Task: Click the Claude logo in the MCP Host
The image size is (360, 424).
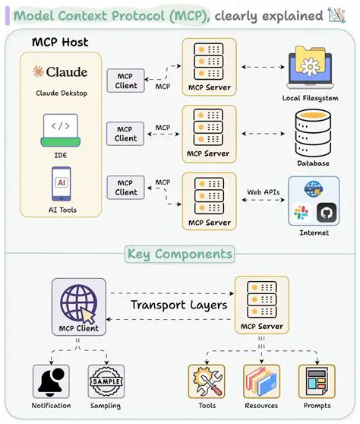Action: tap(59, 72)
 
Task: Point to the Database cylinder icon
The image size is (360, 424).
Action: tap(313, 131)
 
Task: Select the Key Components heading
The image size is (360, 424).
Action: tap(180, 254)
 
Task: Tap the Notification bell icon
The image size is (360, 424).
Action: tap(51, 380)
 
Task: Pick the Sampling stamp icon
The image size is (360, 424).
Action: tap(106, 380)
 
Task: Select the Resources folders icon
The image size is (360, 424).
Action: tap(262, 381)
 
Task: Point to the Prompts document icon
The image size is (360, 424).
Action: tap(316, 381)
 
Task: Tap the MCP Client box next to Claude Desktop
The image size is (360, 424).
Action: tap(126, 81)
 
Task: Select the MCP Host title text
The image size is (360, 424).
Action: tap(61, 41)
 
